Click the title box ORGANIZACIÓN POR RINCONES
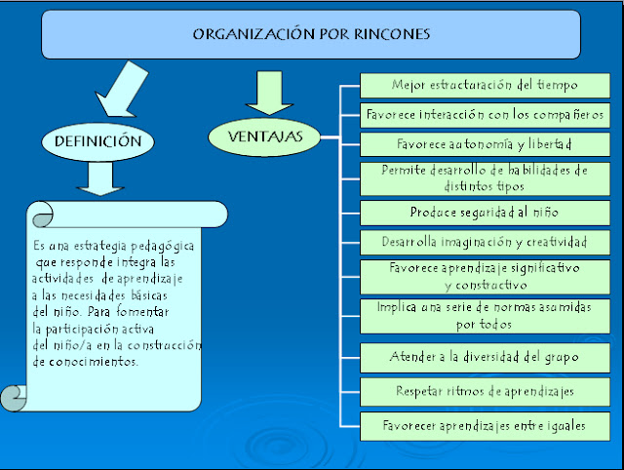(x=311, y=35)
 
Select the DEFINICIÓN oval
(x=97, y=141)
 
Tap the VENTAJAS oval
(x=264, y=137)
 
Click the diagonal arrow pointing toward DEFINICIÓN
(x=122, y=90)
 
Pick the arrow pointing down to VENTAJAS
(x=269, y=94)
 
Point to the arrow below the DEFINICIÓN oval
(x=100, y=178)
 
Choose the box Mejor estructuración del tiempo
(x=485, y=85)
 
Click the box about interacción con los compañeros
(x=485, y=115)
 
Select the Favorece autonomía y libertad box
(x=485, y=144)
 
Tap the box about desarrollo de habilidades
(x=485, y=178)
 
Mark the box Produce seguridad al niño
(x=485, y=213)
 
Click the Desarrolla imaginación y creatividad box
(x=485, y=242)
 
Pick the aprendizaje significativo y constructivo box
(x=485, y=277)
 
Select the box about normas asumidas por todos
(x=485, y=316)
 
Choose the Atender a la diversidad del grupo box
(x=485, y=357)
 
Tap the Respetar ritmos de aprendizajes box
(x=485, y=392)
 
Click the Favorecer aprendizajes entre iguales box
(x=485, y=426)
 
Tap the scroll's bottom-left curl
(x=14, y=398)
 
